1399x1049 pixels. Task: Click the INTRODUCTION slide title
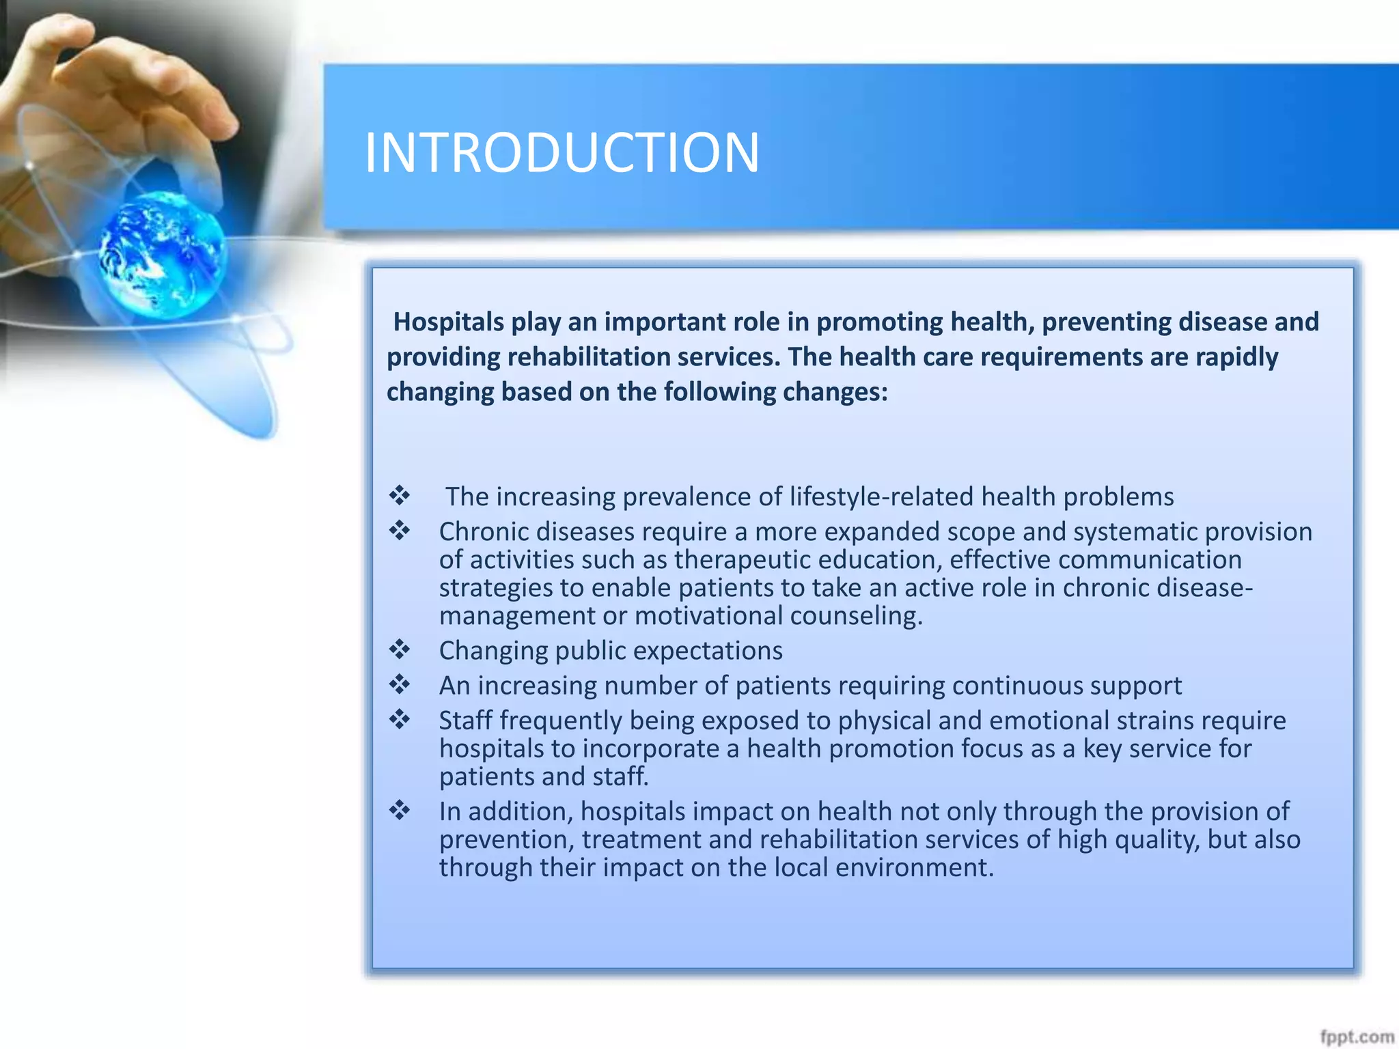tap(562, 152)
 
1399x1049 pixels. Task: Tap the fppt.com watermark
tap(1357, 1037)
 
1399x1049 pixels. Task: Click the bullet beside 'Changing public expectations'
tap(400, 649)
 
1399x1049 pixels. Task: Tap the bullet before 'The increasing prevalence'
tap(400, 495)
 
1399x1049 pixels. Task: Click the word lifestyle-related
tap(881, 496)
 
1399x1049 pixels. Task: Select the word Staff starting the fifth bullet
tap(465, 721)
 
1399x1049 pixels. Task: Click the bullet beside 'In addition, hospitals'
tap(400, 811)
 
